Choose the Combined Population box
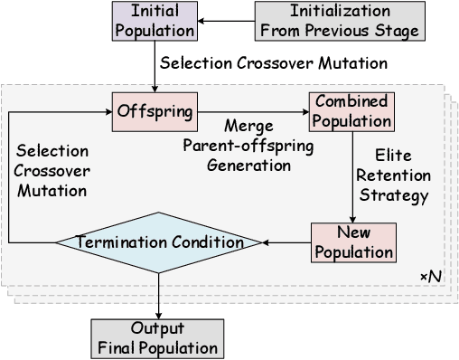pos(352,111)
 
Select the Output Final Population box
pos(158,336)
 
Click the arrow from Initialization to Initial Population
pos(226,21)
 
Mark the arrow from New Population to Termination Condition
pos(285,242)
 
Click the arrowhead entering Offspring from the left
pos(107,111)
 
